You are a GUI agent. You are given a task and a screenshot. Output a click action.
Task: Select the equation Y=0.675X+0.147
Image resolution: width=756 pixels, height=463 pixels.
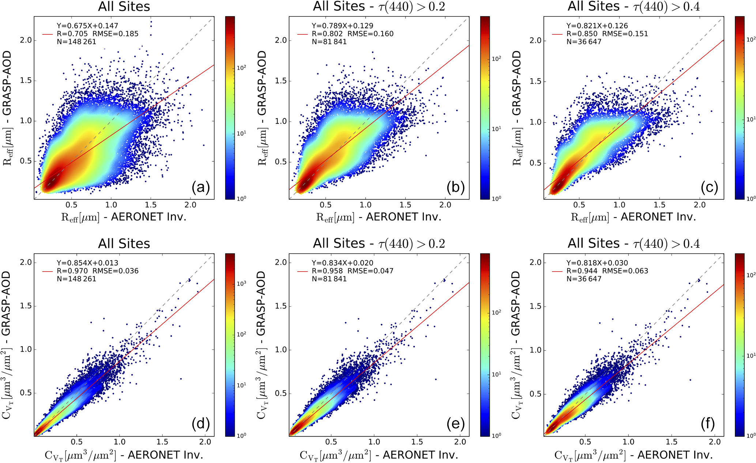click(87, 26)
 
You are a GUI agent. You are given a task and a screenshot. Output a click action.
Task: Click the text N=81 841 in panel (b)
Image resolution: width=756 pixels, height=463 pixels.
click(329, 42)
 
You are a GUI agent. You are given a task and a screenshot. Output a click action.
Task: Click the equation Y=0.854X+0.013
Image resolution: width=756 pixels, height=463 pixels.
click(87, 263)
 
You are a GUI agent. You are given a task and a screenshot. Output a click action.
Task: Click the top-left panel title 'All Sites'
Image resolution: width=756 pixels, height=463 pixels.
click(124, 7)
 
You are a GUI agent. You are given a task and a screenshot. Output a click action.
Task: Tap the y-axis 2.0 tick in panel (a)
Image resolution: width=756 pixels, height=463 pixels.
click(26, 40)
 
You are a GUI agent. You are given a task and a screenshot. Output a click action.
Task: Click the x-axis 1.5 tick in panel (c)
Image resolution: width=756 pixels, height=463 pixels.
click(659, 205)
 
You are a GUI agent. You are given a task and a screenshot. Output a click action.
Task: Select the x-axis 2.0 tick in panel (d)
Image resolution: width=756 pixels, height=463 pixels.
click(205, 442)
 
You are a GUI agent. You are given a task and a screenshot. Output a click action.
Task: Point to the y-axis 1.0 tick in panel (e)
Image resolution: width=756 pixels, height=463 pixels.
click(281, 350)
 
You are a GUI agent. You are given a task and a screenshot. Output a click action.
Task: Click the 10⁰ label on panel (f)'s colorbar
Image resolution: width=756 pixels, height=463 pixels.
click(751, 436)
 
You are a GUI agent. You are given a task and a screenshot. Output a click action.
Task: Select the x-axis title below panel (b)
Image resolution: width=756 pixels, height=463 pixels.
click(379, 217)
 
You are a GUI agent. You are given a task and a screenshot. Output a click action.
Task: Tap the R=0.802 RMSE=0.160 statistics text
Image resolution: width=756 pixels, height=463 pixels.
click(353, 34)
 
